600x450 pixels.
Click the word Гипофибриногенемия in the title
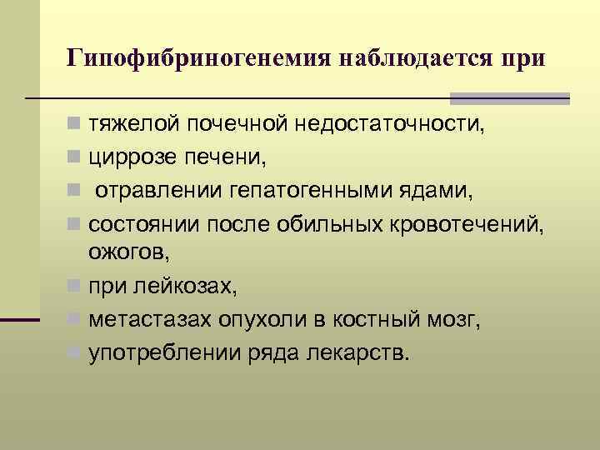tap(197, 59)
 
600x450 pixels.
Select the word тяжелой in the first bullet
tap(132, 126)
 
